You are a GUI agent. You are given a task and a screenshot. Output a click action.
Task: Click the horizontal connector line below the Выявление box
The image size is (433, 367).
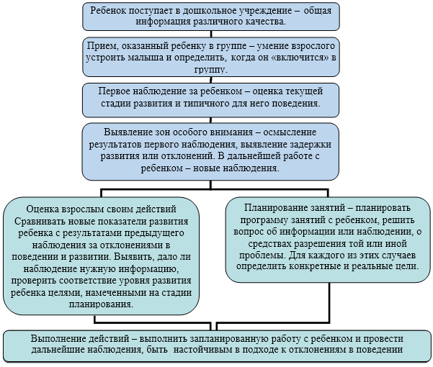click(215, 189)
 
